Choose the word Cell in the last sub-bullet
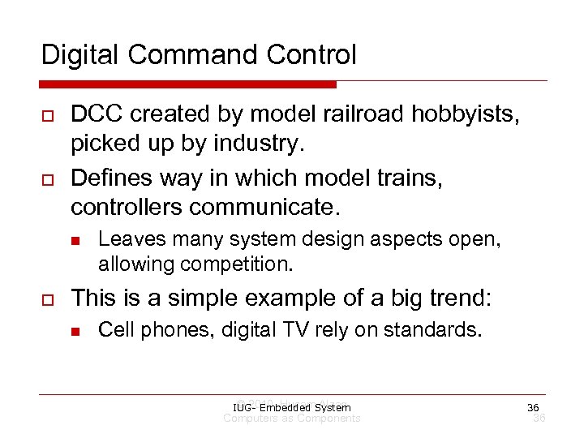[x=114, y=328]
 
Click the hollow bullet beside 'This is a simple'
[x=47, y=299]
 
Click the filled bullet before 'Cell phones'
[x=75, y=329]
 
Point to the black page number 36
[x=533, y=407]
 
